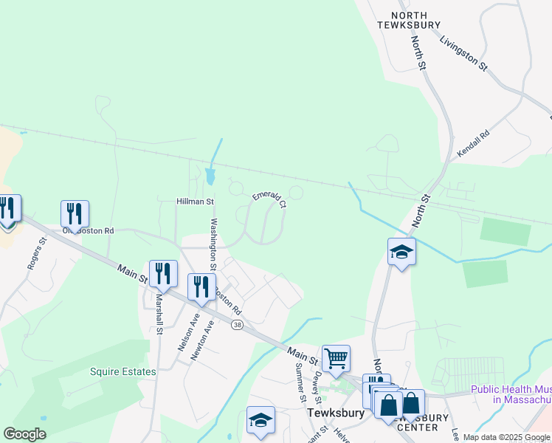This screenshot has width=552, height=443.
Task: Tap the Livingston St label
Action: point(464,54)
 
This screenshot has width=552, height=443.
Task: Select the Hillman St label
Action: point(195,201)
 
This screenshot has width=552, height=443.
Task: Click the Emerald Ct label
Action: point(269,199)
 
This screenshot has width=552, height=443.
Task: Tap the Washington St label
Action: point(214,239)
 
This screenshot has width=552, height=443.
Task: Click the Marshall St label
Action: point(159,314)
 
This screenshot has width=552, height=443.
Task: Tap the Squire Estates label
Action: point(123,372)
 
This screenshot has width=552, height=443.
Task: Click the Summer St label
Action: point(300,382)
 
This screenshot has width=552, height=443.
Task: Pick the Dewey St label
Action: point(317,382)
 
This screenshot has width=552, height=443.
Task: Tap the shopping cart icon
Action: point(336,359)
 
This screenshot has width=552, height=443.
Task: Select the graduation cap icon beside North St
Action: point(402,252)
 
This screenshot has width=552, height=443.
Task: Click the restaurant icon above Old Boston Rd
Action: point(75,214)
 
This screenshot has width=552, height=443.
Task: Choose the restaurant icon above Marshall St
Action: point(163,273)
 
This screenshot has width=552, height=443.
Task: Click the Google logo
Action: point(24,434)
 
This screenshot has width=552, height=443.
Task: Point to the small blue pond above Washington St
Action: point(211,176)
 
